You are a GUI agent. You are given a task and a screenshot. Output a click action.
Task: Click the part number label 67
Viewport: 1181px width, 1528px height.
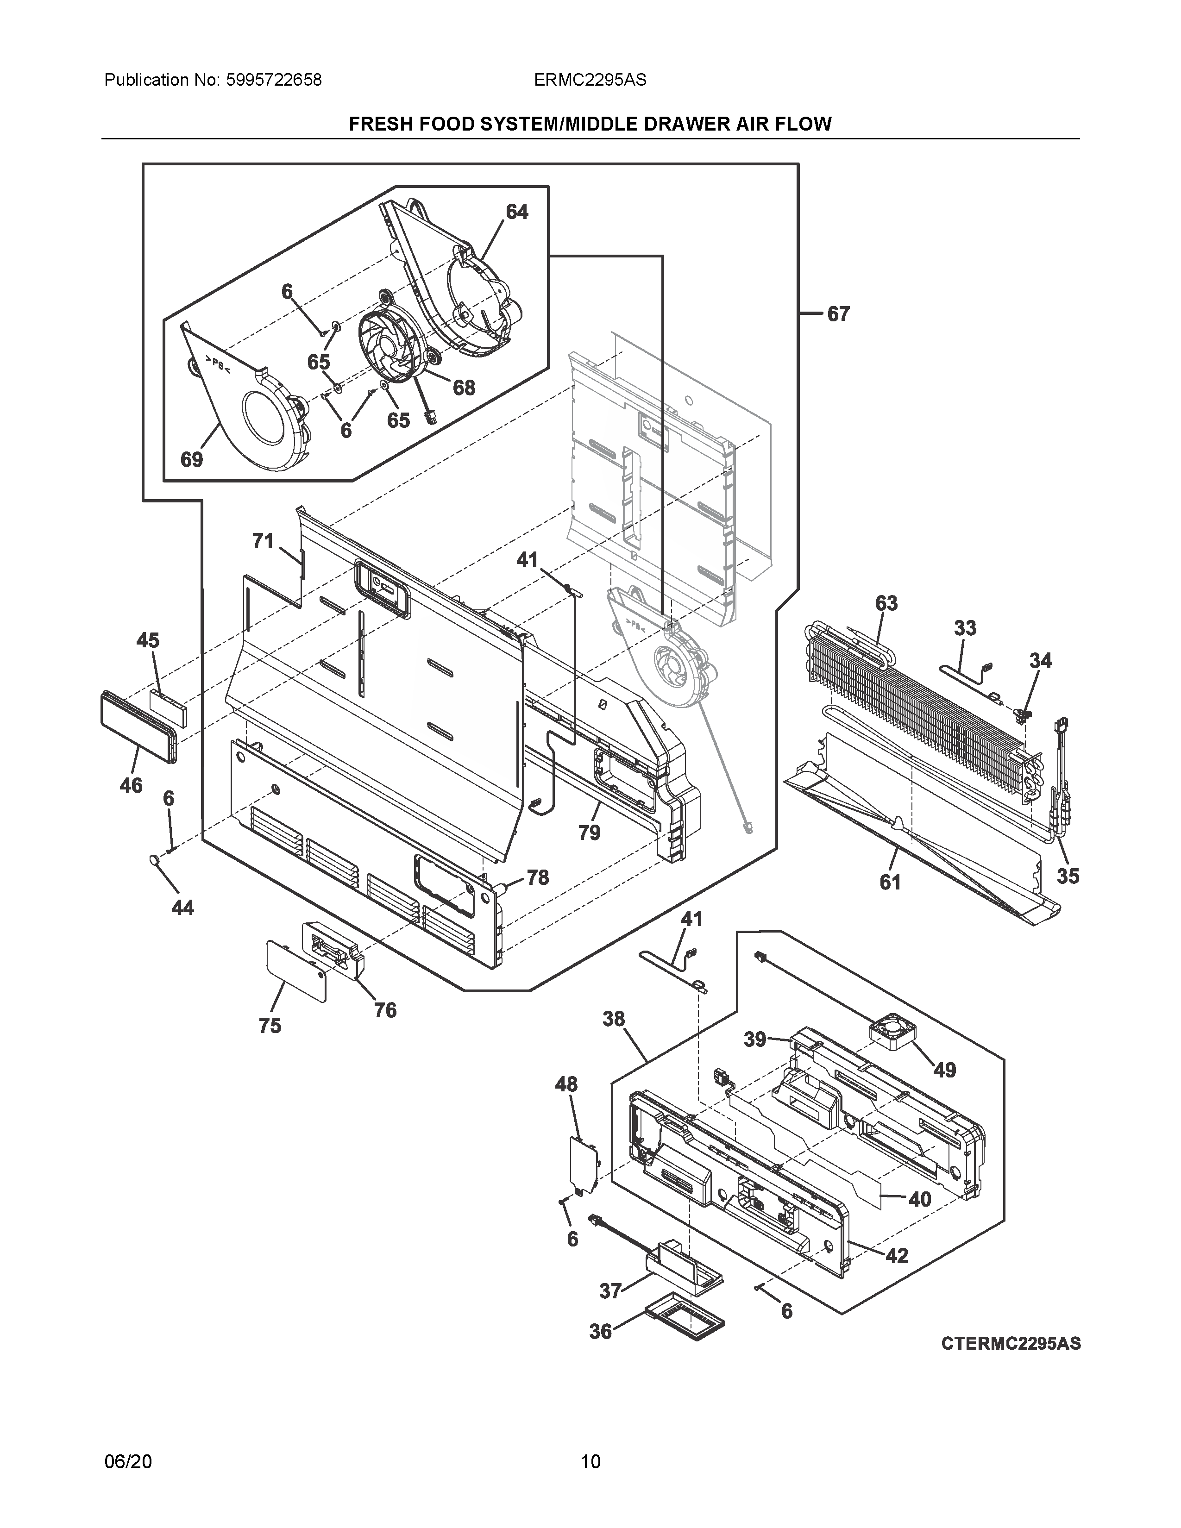(x=838, y=314)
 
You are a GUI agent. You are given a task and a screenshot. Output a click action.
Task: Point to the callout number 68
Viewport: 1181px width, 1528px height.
(x=464, y=387)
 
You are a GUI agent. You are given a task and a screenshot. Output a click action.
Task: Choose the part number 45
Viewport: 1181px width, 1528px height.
(x=148, y=640)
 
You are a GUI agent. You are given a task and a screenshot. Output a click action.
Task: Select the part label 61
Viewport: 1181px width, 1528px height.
(x=890, y=882)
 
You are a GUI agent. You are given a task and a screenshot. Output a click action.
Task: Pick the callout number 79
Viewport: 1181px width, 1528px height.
(x=589, y=833)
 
